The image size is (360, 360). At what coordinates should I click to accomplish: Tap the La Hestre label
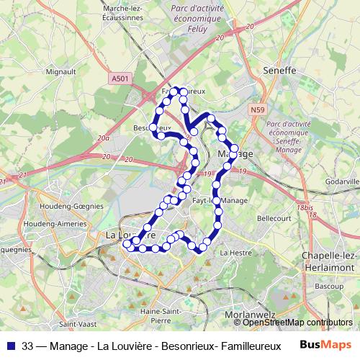click(235, 253)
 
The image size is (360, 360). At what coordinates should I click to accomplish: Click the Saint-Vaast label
click(75, 325)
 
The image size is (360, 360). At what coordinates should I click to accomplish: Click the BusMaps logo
click(325, 344)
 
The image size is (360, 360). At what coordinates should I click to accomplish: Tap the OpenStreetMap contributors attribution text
click(297, 323)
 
